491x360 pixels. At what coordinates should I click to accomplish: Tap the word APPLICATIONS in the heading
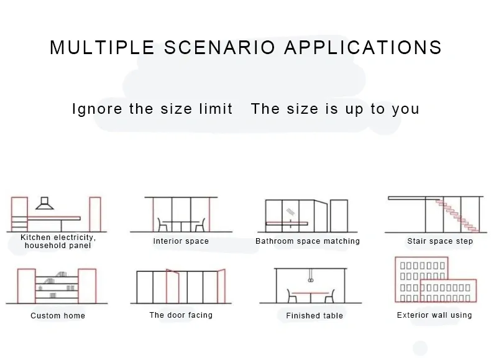363,48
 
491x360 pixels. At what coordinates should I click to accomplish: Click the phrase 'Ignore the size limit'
152,109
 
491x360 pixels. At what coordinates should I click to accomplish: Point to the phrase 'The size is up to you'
335,109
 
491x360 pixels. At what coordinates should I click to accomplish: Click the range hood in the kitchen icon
45,203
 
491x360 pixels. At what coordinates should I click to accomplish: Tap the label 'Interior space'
181,241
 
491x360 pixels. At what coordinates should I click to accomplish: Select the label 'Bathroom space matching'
308,241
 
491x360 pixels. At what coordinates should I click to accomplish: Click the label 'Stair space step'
440,241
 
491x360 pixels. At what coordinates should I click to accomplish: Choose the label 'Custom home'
58,316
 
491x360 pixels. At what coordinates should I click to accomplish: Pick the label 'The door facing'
181,315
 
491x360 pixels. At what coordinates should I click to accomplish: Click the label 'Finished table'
314,316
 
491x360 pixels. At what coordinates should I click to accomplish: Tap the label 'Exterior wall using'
434,315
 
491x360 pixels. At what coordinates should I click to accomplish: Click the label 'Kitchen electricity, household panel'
58,242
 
